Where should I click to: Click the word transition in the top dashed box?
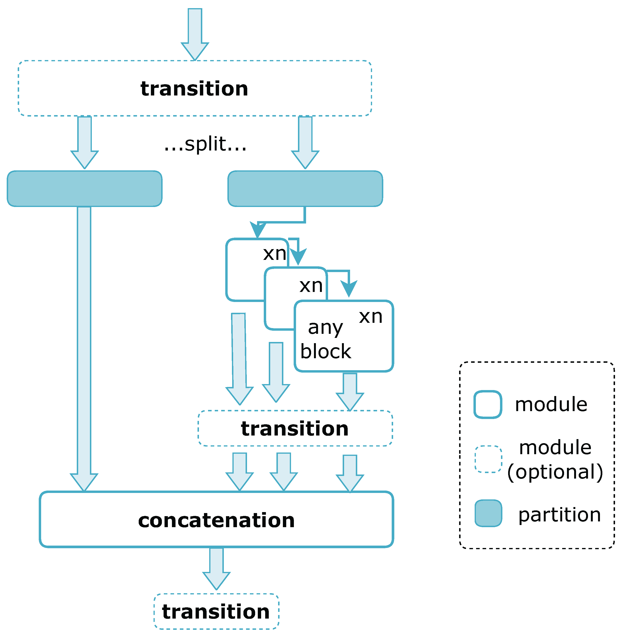pos(194,89)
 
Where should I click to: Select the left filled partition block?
pos(84,189)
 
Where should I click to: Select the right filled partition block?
pos(305,189)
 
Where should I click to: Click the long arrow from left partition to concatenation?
pos(84,343)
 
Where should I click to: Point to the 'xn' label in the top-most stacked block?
pos(275,254)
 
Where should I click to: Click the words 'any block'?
pos(325,339)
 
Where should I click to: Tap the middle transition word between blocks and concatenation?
pos(295,429)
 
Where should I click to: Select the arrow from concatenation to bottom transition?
pos(216,568)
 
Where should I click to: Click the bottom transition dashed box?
pos(216,612)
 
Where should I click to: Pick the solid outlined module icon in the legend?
pos(488,404)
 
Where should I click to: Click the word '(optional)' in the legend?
pos(555,472)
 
